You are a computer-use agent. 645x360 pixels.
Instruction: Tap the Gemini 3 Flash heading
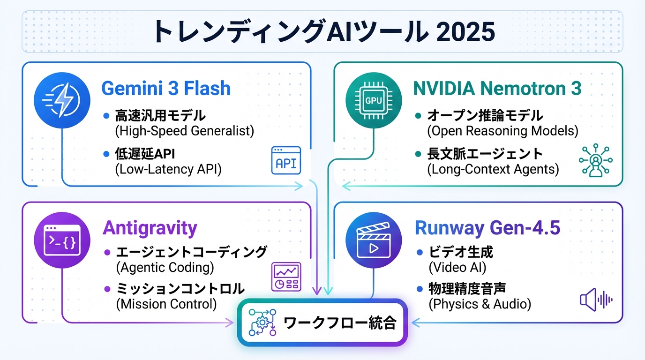point(166,88)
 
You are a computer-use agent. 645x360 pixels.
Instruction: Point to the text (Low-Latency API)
point(168,169)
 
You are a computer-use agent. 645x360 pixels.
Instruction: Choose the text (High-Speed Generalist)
point(184,131)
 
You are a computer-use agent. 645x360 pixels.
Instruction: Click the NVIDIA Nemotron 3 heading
point(497,88)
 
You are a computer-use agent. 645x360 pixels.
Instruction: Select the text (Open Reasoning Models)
point(502,131)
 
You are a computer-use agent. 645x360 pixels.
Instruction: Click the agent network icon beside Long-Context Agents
point(596,161)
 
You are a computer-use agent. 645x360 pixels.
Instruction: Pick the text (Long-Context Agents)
point(493,169)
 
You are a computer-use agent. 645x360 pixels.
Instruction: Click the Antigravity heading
point(150,228)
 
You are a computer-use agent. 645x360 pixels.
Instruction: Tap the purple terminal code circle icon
point(62,240)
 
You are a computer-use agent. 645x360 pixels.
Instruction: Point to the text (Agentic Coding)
point(165,267)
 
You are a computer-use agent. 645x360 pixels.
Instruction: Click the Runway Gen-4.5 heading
point(487,228)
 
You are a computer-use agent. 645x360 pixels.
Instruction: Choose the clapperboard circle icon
point(373,240)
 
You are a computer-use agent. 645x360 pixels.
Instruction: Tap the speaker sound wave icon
point(596,300)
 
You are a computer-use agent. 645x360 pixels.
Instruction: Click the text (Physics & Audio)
point(480,304)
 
